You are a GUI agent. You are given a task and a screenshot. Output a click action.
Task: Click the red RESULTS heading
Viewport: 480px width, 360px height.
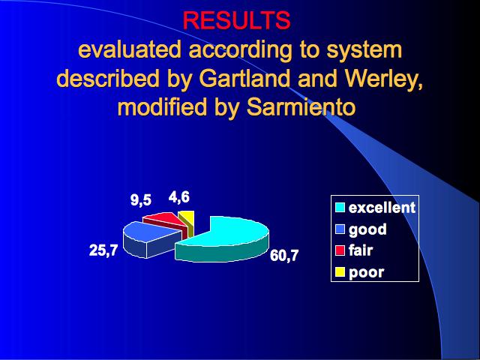236,20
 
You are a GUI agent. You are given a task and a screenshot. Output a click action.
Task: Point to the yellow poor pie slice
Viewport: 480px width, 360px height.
187,222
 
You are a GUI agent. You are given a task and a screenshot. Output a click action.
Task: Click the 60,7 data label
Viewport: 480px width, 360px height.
284,255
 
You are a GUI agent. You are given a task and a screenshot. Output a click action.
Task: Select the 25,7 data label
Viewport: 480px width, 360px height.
103,250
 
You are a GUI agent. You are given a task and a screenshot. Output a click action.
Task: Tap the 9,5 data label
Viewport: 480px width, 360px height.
141,200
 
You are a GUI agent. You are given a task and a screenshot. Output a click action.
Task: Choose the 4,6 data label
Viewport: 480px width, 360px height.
179,196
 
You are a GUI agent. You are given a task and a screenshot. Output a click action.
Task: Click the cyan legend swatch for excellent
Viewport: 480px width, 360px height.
340,208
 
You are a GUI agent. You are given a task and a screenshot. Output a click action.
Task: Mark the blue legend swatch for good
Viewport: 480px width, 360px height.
340,229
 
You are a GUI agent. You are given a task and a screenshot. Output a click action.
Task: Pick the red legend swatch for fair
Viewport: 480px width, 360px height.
340,250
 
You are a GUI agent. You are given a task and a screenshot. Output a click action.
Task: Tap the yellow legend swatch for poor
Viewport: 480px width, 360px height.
340,272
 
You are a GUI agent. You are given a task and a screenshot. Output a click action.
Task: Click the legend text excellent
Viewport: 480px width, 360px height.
382,208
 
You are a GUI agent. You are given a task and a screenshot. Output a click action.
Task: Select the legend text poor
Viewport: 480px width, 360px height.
367,273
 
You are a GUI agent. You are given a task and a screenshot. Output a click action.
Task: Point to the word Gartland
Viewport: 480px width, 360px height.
244,78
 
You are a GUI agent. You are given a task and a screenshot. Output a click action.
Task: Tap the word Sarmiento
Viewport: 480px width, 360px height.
301,106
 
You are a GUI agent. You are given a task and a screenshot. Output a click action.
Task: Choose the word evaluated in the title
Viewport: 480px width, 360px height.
130,49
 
